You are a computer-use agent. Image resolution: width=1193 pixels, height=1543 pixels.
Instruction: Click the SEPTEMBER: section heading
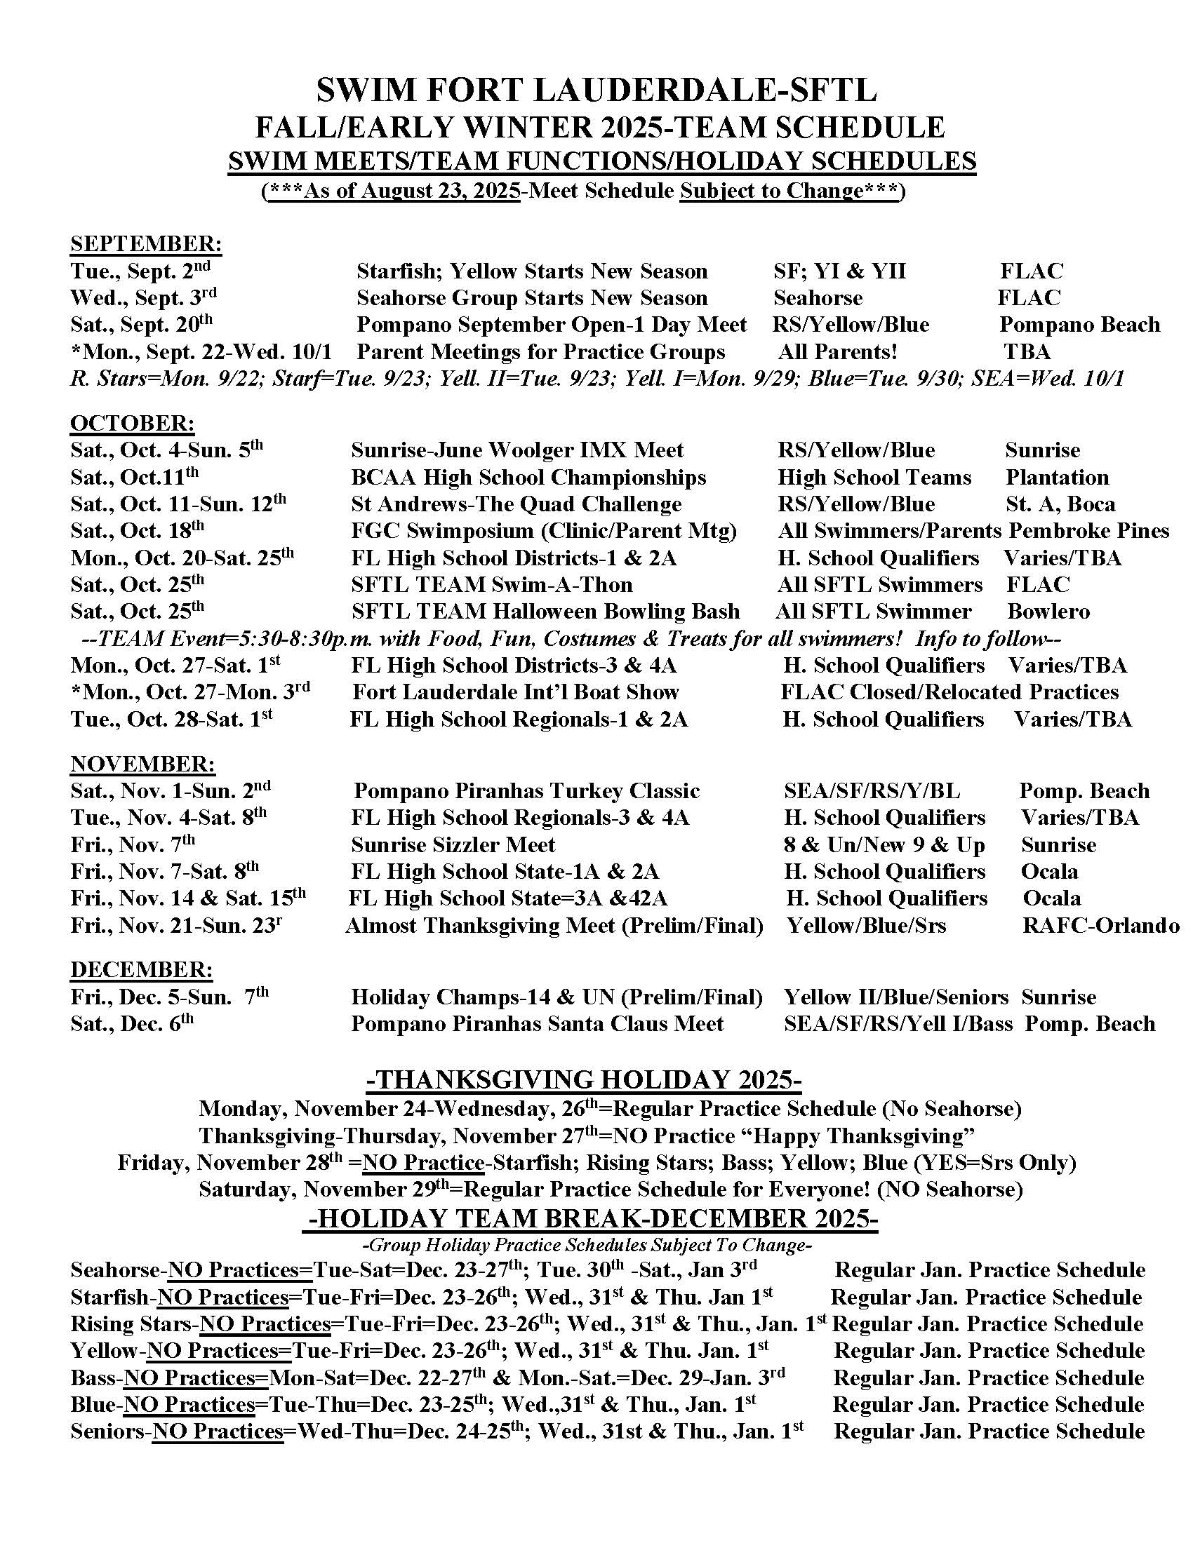[x=146, y=244]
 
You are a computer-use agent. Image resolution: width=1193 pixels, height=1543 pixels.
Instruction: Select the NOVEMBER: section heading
[x=142, y=764]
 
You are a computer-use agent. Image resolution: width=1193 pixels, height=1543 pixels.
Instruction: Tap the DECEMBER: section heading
[x=141, y=969]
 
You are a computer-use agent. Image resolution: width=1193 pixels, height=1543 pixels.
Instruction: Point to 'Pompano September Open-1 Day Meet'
[x=552, y=324]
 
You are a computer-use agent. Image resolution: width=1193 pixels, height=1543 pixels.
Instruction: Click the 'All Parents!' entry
[x=837, y=351]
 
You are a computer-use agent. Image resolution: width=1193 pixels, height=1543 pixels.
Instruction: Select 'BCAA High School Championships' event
[x=528, y=477]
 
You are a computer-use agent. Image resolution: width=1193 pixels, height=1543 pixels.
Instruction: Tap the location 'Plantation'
[x=1058, y=477]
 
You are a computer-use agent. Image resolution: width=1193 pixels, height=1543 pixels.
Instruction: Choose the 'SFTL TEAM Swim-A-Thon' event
[x=492, y=584]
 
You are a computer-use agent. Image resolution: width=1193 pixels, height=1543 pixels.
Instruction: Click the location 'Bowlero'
[x=1049, y=611]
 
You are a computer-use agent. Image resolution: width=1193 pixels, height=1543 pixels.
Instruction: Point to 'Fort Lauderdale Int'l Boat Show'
[x=515, y=692]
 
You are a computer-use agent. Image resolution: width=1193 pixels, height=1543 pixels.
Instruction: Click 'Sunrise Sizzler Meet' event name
[x=453, y=844]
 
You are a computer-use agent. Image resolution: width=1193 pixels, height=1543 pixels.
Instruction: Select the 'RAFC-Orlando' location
[x=1100, y=925]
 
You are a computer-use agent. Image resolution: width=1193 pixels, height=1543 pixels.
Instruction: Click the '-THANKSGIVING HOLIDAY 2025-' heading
[x=585, y=1080]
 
